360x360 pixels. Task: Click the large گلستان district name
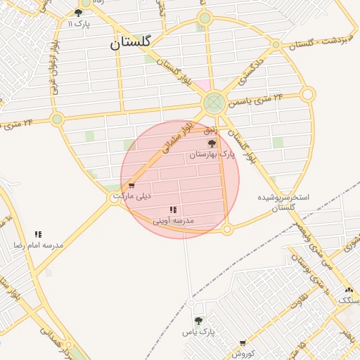[131, 42]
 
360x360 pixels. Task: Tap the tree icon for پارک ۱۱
[78, 13]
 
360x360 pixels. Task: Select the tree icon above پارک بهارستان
[212, 143]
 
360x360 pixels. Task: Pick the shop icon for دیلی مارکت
[131, 186]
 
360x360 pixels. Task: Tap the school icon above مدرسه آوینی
[173, 210]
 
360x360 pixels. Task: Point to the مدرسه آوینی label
[173, 221]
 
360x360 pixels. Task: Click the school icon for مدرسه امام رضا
[39, 234]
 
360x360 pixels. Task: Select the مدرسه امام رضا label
[39, 245]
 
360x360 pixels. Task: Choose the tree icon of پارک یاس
[198, 321]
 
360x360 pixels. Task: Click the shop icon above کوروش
[243, 343]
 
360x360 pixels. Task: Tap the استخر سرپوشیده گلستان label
[284, 202]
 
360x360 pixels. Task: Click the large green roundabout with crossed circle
[214, 103]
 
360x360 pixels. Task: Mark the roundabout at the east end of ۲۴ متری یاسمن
[307, 94]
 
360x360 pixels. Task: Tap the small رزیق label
[212, 131]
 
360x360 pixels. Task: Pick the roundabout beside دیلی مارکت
[117, 198]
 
